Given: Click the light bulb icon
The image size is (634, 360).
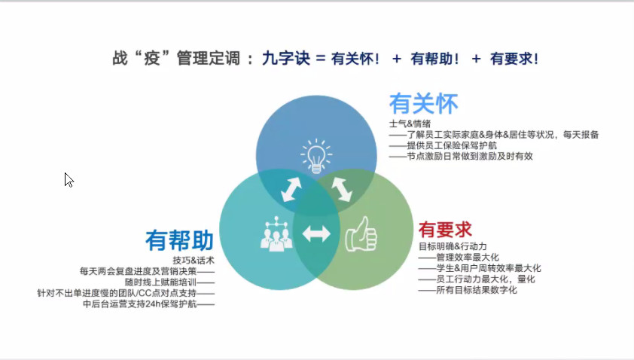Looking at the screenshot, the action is click(x=316, y=156).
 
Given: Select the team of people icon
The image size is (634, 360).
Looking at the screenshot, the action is click(x=276, y=234).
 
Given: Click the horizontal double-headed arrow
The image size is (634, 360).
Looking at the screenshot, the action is click(x=316, y=233).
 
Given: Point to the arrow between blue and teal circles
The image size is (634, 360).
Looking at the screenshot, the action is click(x=291, y=189).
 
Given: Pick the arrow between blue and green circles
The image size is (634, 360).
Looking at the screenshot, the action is click(x=342, y=189).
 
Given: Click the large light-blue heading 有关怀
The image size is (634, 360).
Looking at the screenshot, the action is click(x=423, y=103).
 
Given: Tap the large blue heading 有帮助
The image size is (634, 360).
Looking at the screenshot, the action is click(x=179, y=240).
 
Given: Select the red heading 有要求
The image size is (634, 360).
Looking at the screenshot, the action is click(x=445, y=230).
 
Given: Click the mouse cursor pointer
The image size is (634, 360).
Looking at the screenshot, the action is click(x=69, y=179).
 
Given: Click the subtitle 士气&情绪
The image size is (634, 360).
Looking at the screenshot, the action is click(x=410, y=124).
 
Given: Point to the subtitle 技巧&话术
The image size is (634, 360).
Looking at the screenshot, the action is click(x=194, y=260).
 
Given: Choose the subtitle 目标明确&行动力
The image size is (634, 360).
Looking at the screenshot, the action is click(x=453, y=246).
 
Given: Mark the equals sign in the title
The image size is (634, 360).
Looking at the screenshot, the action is click(x=321, y=59).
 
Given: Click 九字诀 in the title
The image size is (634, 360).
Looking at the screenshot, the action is click(x=286, y=58).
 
